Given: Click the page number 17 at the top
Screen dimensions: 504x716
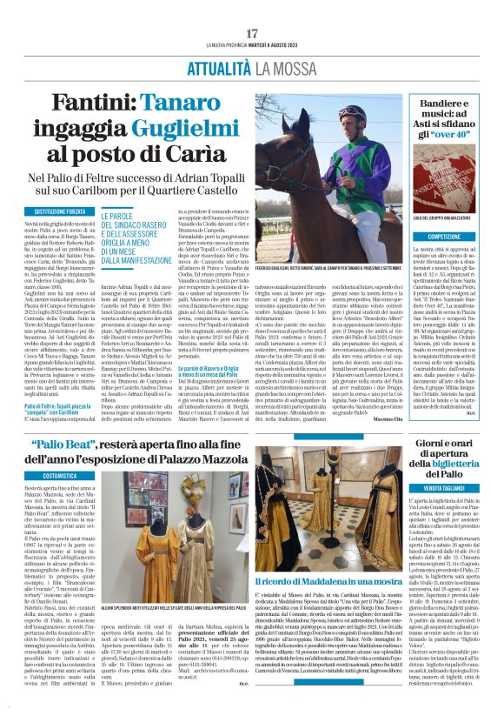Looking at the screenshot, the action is pyautogui.click(x=252, y=33).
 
